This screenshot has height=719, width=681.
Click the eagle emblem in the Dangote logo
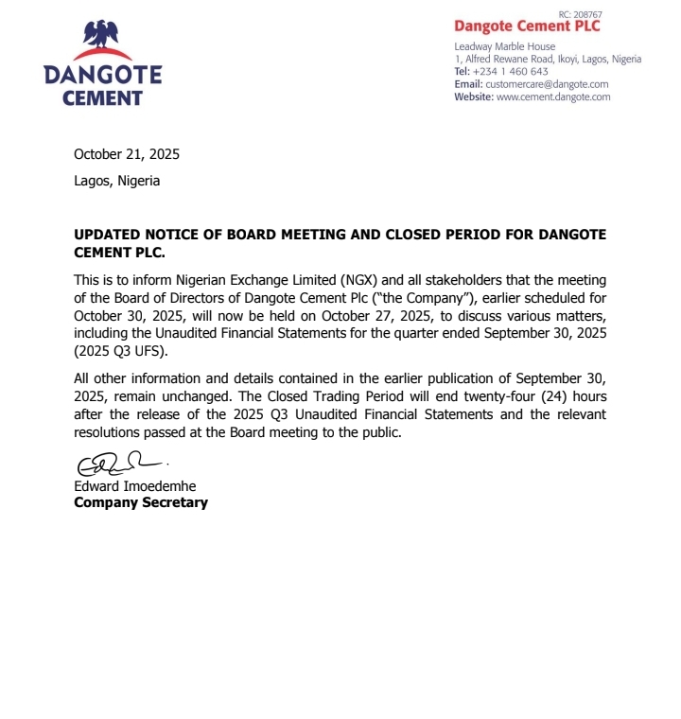click(x=102, y=35)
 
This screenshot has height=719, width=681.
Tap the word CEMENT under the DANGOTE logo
click(x=102, y=97)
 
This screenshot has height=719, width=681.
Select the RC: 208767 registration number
click(x=580, y=14)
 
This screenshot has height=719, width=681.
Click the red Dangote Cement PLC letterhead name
click(x=527, y=27)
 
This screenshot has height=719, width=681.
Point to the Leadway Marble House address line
click(x=505, y=46)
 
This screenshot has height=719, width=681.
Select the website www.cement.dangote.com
click(x=553, y=96)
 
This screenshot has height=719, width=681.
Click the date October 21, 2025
click(x=127, y=154)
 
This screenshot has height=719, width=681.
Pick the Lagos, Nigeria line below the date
click(x=117, y=181)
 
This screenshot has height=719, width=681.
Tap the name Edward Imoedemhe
click(x=135, y=486)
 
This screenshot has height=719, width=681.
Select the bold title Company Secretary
click(x=141, y=502)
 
